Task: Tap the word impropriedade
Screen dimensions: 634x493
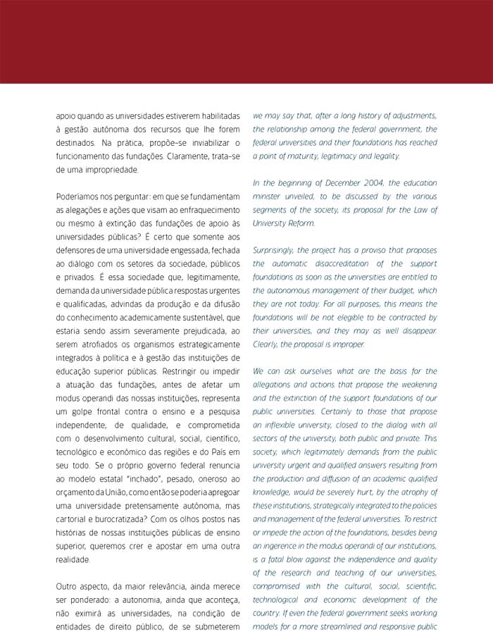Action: [x=111, y=170]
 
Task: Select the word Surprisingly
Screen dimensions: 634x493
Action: [x=277, y=251]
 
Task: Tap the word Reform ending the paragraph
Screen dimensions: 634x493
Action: [x=306, y=223]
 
